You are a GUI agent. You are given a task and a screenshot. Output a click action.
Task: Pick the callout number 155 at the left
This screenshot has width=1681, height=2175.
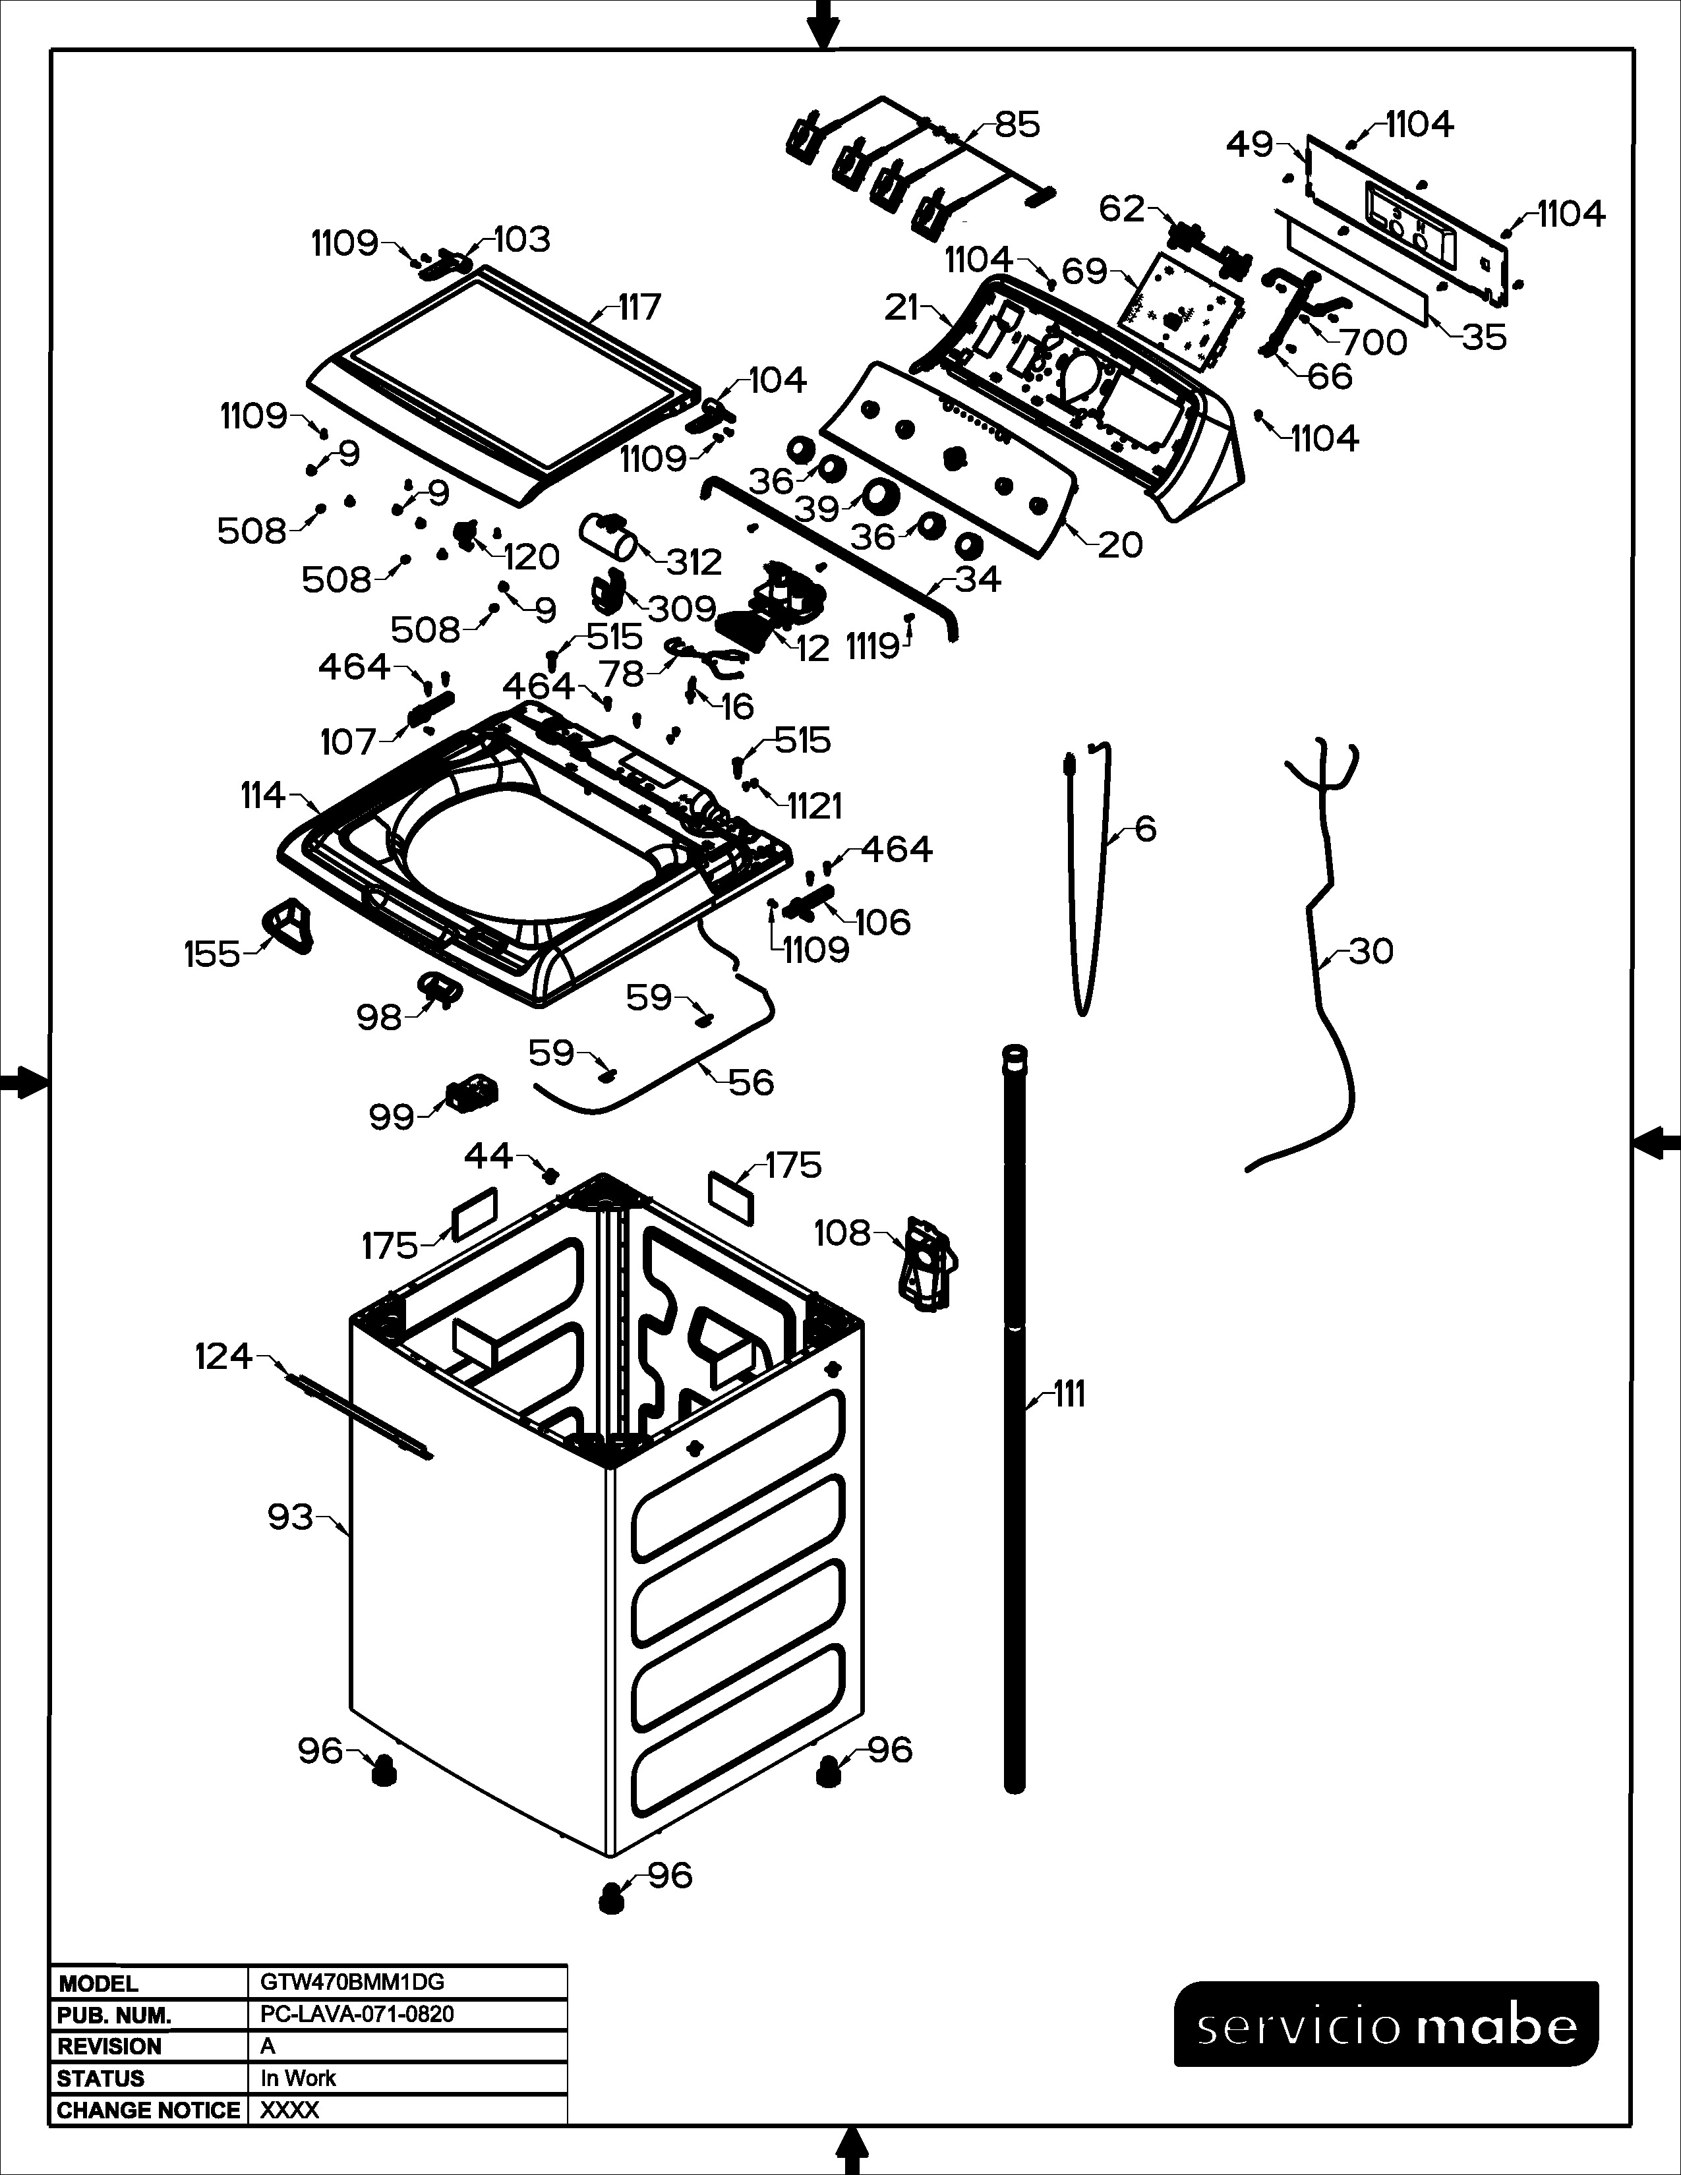[212, 954]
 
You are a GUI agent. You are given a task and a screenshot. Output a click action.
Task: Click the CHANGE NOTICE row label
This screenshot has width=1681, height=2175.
[148, 2110]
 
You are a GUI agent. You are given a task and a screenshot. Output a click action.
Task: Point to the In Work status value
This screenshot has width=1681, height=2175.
[298, 2078]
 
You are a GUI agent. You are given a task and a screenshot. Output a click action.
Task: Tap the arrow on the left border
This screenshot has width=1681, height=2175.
[22, 1082]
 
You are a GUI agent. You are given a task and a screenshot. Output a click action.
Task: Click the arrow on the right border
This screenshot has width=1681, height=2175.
[1657, 1142]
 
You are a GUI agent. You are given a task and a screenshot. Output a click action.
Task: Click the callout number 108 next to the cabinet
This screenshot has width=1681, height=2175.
[842, 1233]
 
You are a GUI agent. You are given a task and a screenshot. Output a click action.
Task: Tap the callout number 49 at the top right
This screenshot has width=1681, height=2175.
[1250, 146]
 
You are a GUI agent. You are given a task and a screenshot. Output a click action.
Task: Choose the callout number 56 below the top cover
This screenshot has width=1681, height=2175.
[751, 1082]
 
